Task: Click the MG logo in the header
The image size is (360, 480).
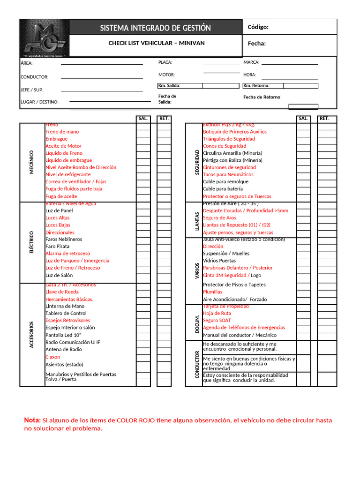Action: [x=45, y=37]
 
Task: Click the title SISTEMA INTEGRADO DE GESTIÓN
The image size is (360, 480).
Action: [x=155, y=28]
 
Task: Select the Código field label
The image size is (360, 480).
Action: [x=258, y=27]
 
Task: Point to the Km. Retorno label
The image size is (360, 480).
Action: [x=256, y=86]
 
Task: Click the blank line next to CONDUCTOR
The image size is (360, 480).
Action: [x=102, y=77]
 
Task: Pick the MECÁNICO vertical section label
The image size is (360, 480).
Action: [x=32, y=162]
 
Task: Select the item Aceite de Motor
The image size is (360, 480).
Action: [x=63, y=146]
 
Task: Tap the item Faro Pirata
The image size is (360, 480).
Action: [x=57, y=246]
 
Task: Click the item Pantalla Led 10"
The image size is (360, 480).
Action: [x=63, y=335]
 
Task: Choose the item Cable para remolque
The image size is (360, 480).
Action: [x=225, y=181]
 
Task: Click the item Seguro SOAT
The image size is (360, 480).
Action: [x=217, y=320]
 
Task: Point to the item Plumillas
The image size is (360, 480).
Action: [x=212, y=292]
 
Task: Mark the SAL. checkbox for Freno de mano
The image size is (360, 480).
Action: [x=143, y=132]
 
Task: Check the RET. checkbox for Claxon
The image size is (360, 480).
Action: [x=164, y=357]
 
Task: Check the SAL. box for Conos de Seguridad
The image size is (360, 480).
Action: [x=303, y=146]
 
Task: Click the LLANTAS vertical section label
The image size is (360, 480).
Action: [x=197, y=220]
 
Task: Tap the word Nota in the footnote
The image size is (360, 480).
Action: [x=32, y=420]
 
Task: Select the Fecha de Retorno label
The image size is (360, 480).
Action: [x=262, y=97]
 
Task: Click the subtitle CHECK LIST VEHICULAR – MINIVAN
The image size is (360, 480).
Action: [x=157, y=43]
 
